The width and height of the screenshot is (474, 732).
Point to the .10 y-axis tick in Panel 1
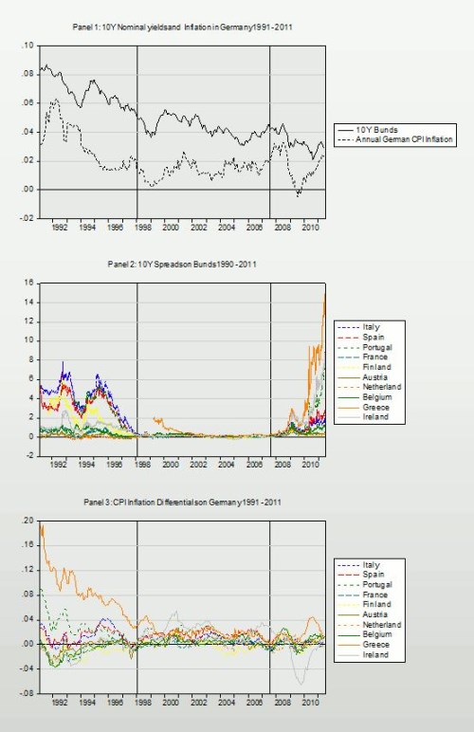(x=26, y=46)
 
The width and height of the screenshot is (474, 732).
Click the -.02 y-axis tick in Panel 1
(x=25, y=218)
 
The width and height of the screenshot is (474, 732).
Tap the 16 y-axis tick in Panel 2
(x=27, y=283)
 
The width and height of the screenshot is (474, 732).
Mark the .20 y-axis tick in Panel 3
(x=26, y=522)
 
